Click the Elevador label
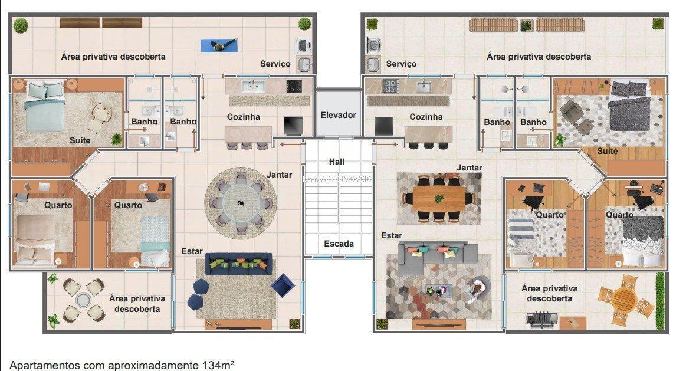(338, 115)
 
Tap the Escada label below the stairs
(339, 244)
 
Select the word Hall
(337, 162)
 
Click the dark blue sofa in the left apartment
(238, 264)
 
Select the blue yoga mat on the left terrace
(219, 45)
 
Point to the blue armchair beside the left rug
(283, 285)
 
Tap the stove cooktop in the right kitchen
(391, 86)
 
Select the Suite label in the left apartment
(80, 140)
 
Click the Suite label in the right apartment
(608, 151)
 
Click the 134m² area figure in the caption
(219, 365)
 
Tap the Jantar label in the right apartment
(469, 168)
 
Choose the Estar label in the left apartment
(192, 251)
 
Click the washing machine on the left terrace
(303, 45)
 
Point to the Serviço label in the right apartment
(401, 64)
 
